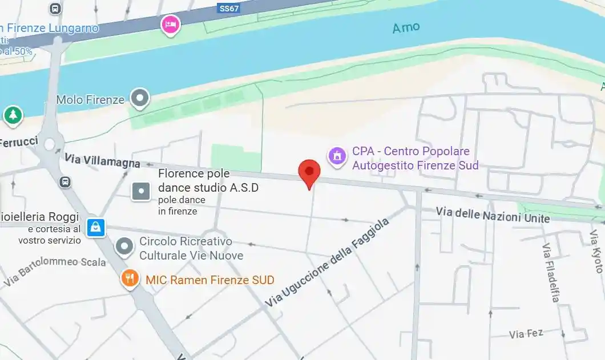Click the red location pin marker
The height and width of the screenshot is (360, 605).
pyautogui.click(x=309, y=172)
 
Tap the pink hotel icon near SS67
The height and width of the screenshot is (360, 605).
pyautogui.click(x=171, y=25)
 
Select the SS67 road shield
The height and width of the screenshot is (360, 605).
pyautogui.click(x=229, y=9)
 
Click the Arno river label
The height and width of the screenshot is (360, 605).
pyautogui.click(x=406, y=27)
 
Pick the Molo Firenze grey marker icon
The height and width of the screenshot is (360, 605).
pyautogui.click(x=140, y=98)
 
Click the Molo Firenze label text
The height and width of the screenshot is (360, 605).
pyautogui.click(x=90, y=100)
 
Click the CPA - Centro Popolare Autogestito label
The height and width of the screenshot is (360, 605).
pyautogui.click(x=415, y=159)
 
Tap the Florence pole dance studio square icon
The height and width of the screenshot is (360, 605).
pyautogui.click(x=141, y=191)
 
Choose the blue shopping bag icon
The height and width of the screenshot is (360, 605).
pyautogui.click(x=96, y=228)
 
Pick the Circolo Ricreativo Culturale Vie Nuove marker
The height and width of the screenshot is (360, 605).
pyautogui.click(x=124, y=247)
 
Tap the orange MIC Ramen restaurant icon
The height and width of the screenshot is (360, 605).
pyautogui.click(x=130, y=278)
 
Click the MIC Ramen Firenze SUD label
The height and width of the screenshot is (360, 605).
pyautogui.click(x=210, y=280)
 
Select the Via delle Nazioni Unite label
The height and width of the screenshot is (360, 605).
pyautogui.click(x=493, y=215)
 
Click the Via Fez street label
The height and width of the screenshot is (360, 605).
pyautogui.click(x=526, y=333)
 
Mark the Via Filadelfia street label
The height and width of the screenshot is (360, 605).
pyautogui.click(x=551, y=272)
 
